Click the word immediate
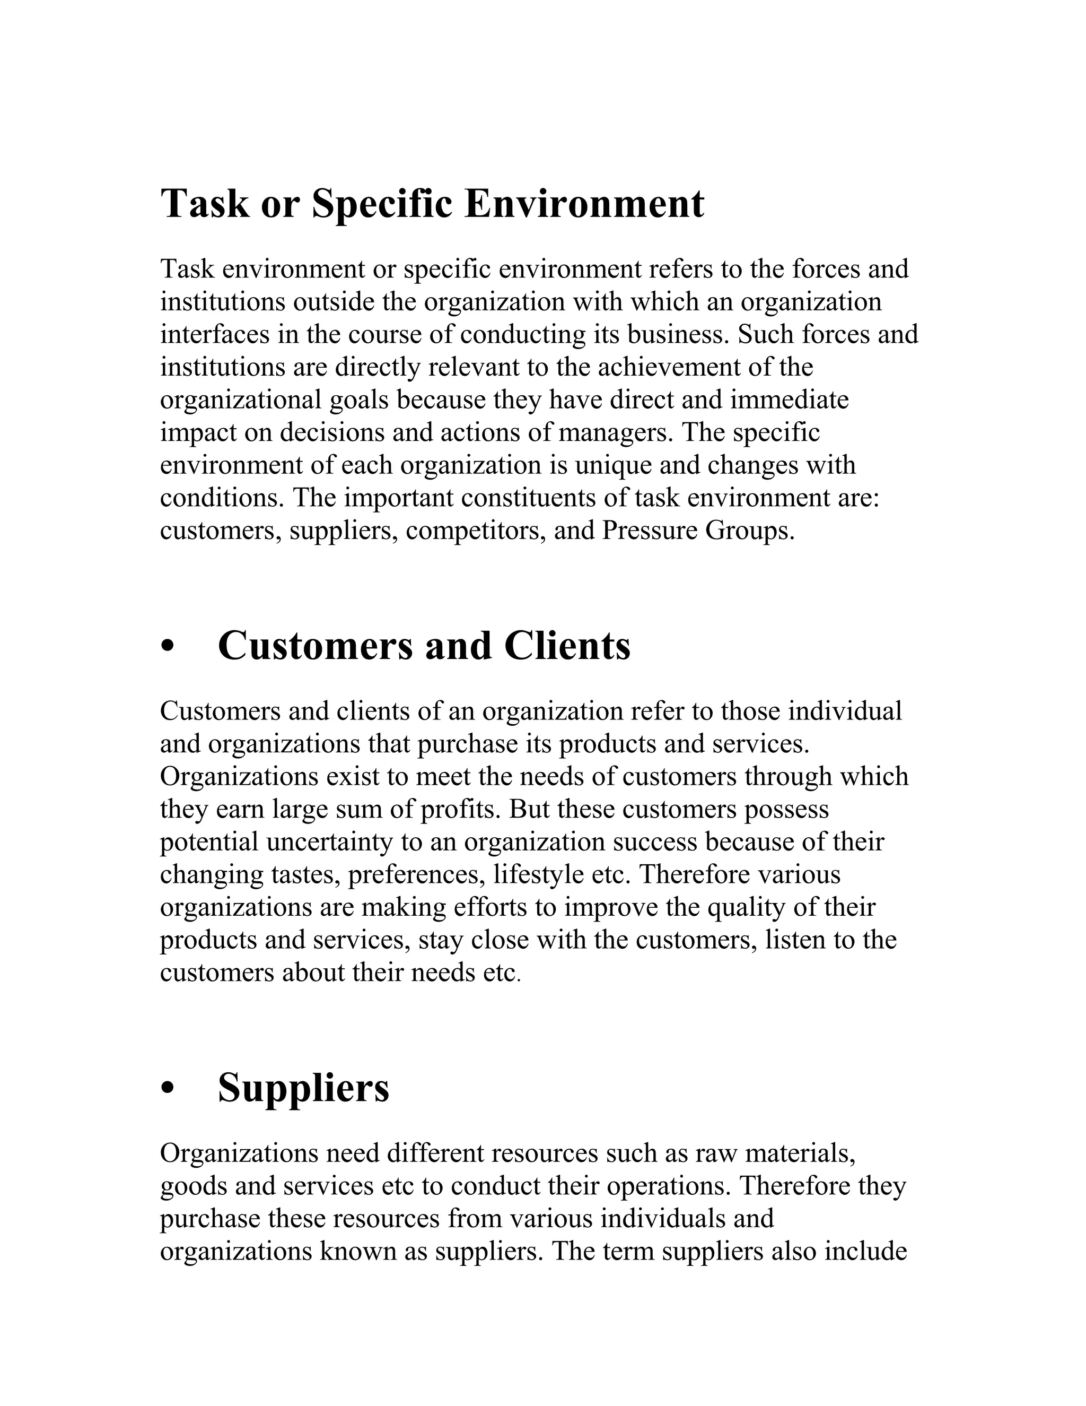click(x=790, y=400)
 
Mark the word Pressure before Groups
click(x=649, y=531)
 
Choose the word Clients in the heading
click(x=567, y=646)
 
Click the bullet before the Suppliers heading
click(x=169, y=1089)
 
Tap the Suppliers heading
click(x=304, y=1088)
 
